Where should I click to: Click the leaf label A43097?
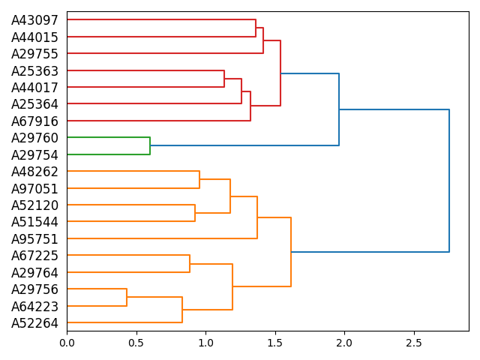coord(34,20)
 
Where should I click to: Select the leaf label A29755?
coord(34,54)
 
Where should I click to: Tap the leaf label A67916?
coord(34,121)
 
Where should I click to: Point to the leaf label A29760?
coord(34,138)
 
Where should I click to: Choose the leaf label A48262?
coord(34,172)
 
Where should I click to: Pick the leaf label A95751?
coord(34,239)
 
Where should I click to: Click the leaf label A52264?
coord(34,323)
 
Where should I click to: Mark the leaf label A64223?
coord(34,307)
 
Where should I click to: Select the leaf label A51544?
coord(34,222)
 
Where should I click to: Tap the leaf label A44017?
coord(34,88)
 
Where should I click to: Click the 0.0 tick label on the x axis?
coord(67,343)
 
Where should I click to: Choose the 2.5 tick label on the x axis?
coord(414,343)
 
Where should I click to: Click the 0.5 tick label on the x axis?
coord(136,343)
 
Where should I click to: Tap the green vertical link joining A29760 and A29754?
coord(150,146)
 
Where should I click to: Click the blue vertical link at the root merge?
coord(449,181)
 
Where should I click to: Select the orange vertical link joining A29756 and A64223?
coord(127,298)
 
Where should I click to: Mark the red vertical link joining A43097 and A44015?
coord(256,28)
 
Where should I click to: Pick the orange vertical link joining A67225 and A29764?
coord(190,264)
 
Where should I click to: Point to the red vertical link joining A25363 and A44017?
coord(224,79)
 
